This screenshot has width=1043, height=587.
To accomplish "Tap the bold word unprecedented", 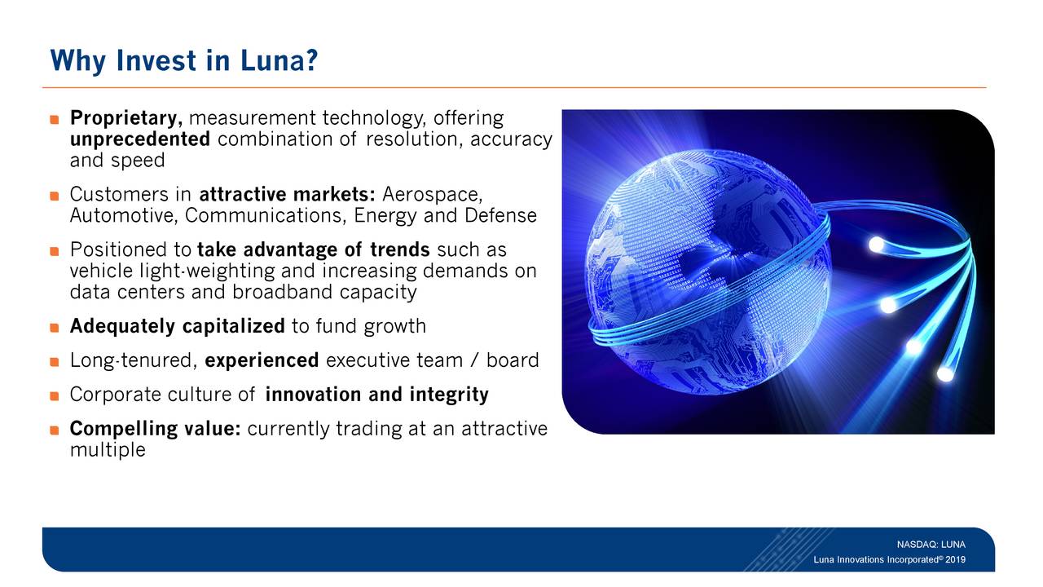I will pos(141,139).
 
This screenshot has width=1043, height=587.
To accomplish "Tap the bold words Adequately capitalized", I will pos(177,327).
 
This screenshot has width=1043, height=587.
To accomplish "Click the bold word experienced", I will pos(262,360).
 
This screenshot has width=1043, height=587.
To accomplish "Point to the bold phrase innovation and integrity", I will pos(376,395).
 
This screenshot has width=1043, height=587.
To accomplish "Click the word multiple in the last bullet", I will pos(108,450).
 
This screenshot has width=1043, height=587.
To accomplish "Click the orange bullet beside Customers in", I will pos(55,196).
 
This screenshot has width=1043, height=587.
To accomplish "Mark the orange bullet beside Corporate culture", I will pos(55,396).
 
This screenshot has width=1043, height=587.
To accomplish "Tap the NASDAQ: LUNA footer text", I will pos(931,544).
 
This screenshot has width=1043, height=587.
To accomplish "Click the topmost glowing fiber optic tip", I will pos(876,244).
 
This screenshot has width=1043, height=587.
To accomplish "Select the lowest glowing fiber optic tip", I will pos(944,373).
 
